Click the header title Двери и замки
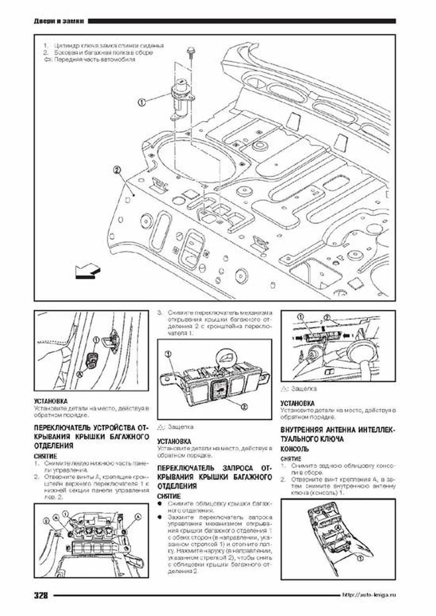tap(59, 21)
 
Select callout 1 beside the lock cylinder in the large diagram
tap(142, 102)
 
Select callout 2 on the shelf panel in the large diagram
tap(117, 170)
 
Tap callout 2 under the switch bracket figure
tap(244, 407)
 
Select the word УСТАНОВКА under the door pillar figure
tap(51, 401)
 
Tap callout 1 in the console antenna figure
tap(359, 559)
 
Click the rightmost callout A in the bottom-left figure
tap(138, 517)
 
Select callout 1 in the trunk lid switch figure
tap(301, 317)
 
